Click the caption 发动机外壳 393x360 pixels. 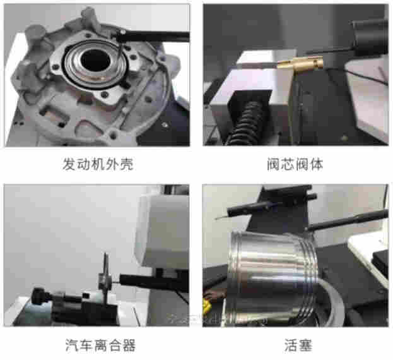(99, 165)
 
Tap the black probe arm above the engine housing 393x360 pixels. (155, 35)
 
